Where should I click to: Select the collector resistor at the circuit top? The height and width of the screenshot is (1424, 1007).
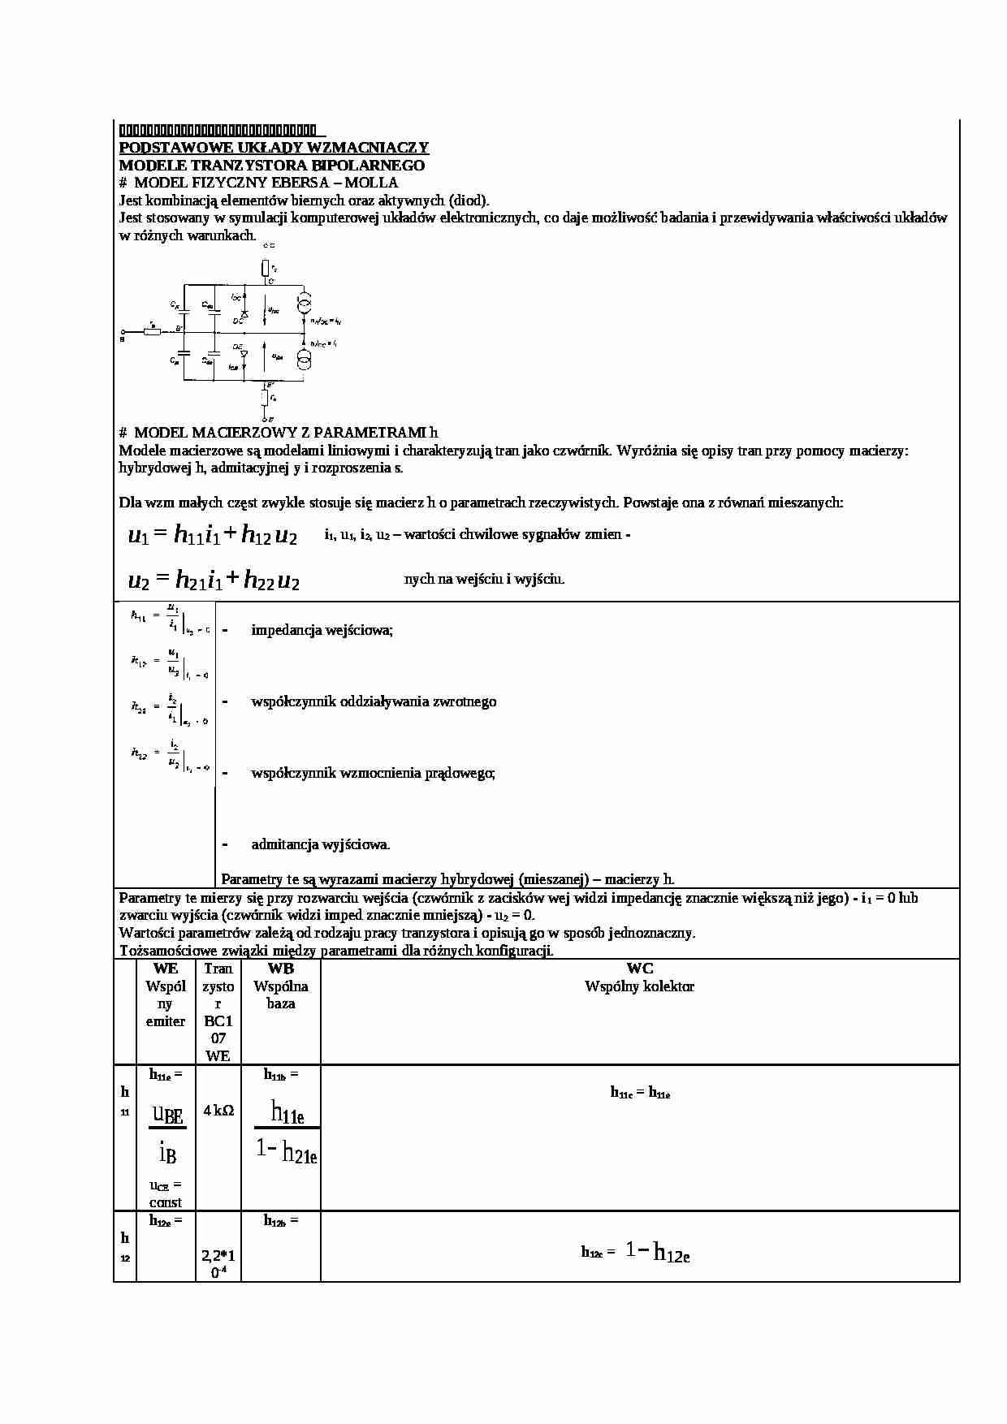[x=265, y=268]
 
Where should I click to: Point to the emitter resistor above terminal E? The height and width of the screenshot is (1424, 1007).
[x=265, y=398]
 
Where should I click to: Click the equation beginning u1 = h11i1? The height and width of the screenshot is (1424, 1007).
[x=213, y=536]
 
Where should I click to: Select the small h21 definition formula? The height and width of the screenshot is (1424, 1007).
[x=169, y=707]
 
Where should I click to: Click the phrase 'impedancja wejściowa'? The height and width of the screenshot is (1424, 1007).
[x=322, y=630]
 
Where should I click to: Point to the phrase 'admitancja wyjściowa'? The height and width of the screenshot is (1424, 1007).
[x=320, y=844]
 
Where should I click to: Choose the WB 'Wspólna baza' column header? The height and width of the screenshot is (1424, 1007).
[x=280, y=986]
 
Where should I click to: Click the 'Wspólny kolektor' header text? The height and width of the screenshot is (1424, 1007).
[x=639, y=986]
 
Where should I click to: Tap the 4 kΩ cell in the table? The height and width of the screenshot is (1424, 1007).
[x=218, y=1110]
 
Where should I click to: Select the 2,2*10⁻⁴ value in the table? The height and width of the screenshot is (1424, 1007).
[x=218, y=1264]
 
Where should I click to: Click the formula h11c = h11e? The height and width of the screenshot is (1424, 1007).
[x=640, y=1093]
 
